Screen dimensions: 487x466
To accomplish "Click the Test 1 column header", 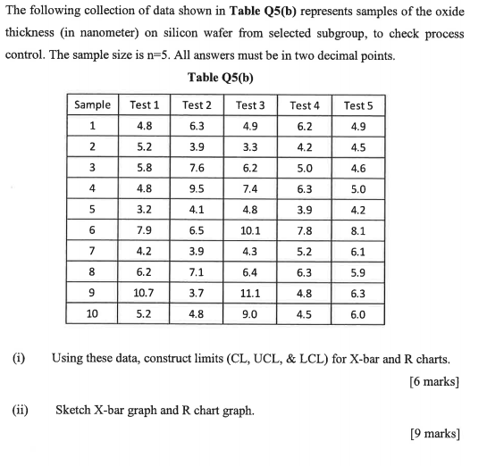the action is point(144,104).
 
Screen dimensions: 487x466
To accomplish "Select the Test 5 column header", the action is point(357,104).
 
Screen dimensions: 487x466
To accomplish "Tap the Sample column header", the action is point(92,104).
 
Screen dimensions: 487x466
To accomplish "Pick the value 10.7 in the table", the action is point(144,293).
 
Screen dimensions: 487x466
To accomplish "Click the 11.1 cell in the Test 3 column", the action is point(250,293).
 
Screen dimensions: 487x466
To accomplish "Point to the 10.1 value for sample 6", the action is point(250,230).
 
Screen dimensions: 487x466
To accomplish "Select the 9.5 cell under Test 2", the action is point(197,188).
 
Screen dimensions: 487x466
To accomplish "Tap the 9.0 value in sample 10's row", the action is point(250,314).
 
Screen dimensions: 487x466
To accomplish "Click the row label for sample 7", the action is point(92,251).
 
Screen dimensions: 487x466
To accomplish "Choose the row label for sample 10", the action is point(92,314).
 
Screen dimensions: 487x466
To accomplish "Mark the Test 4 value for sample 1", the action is point(304,126).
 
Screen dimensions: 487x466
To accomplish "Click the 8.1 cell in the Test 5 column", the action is point(357,230).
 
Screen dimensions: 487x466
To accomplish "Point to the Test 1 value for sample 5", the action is point(144,210).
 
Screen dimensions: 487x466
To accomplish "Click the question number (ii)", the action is point(19,412).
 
